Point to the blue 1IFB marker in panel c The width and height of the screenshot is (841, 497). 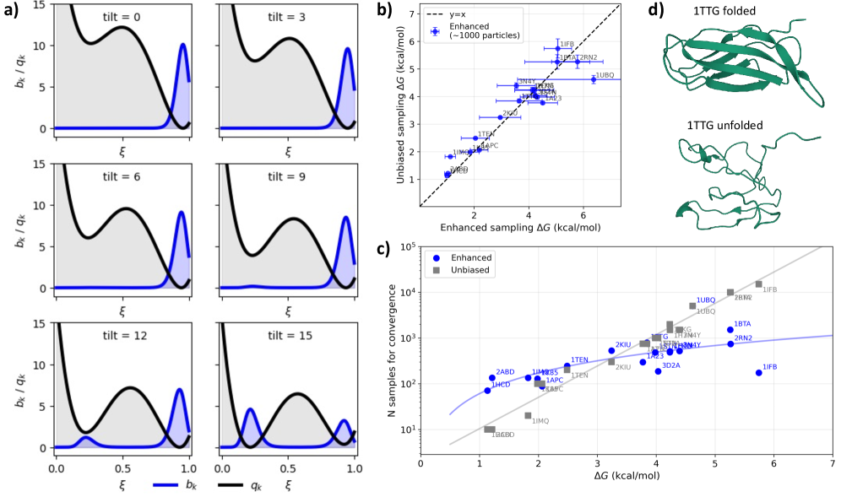[758, 372]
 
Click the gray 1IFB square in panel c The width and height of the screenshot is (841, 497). [758, 284]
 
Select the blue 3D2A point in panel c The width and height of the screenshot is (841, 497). [658, 370]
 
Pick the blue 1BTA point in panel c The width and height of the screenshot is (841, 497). [730, 329]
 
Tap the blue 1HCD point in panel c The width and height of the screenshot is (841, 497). [487, 390]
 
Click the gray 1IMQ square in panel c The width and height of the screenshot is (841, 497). [528, 415]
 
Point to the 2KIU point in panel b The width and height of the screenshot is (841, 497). [500, 117]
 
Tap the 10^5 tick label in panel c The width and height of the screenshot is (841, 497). [406, 246]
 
